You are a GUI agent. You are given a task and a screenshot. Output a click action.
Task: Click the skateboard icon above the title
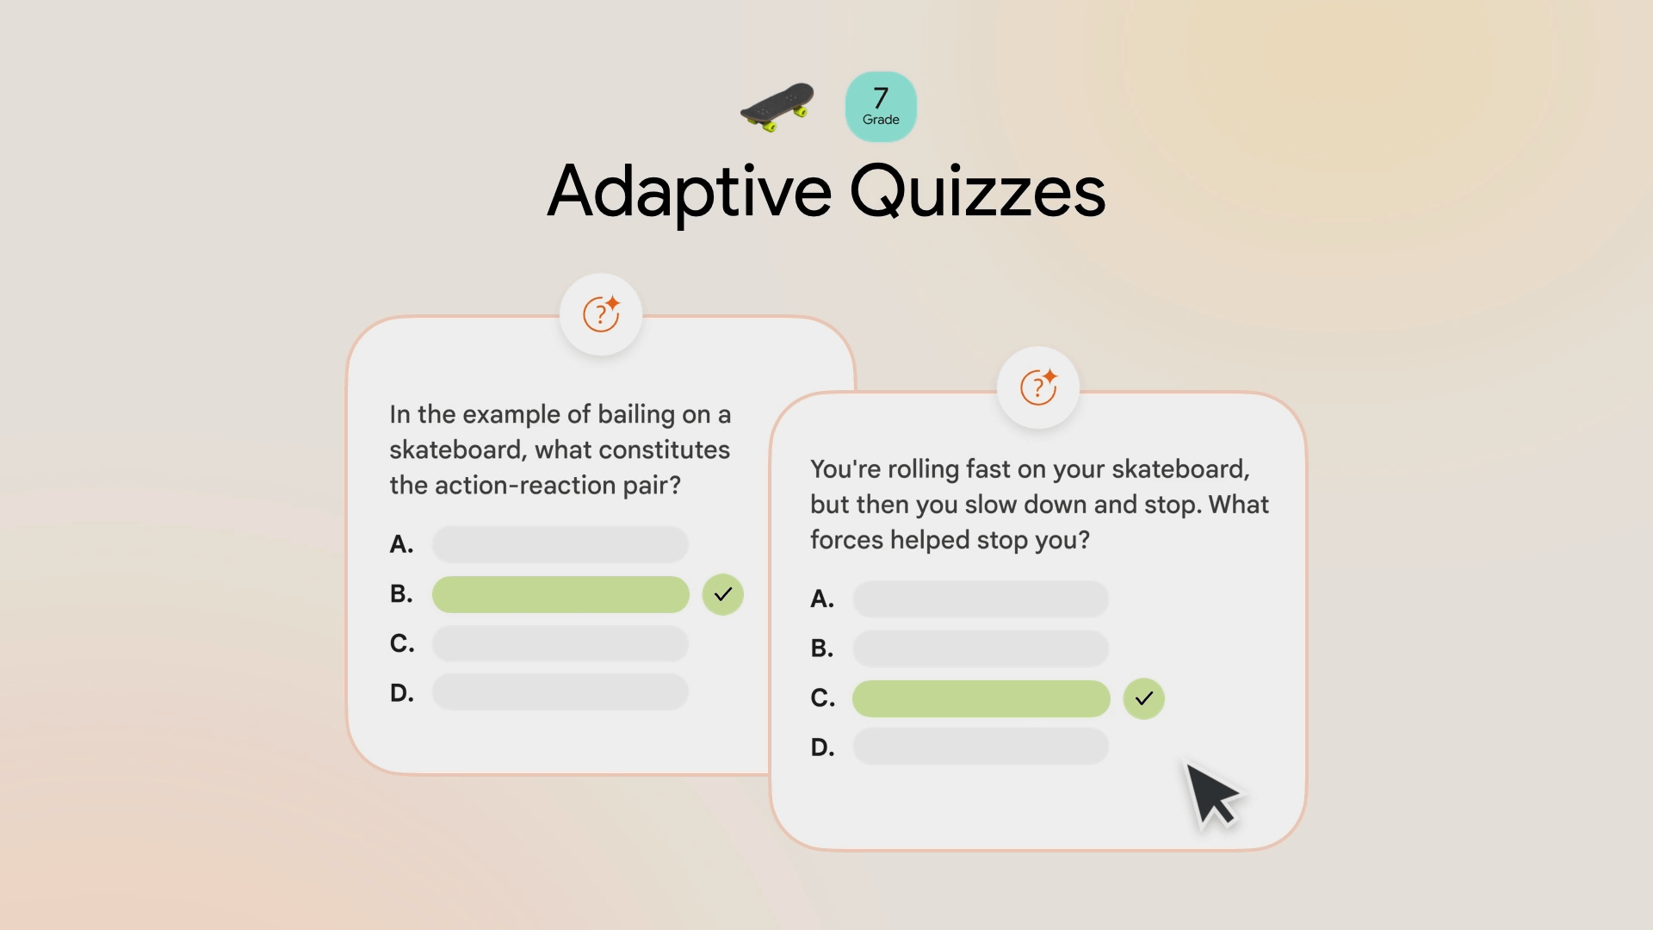click(777, 107)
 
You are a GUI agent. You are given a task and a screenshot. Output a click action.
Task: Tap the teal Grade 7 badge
click(881, 107)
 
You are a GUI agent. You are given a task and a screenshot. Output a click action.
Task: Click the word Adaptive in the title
click(690, 192)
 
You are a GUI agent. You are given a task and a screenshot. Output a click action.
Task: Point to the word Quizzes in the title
click(978, 192)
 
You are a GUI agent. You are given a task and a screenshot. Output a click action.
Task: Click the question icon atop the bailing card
click(601, 314)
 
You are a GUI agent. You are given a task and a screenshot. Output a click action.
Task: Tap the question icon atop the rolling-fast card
click(1038, 387)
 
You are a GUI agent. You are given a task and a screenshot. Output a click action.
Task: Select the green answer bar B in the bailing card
click(560, 594)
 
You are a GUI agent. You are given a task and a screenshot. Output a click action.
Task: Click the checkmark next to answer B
click(723, 594)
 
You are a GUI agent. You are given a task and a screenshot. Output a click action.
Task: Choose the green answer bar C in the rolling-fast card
click(981, 698)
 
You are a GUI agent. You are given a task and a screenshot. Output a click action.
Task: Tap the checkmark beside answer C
click(1144, 698)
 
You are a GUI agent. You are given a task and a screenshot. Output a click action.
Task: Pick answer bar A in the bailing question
click(560, 544)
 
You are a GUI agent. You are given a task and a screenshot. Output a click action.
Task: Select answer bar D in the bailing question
click(560, 692)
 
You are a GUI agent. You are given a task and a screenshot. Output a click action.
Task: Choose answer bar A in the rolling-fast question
click(981, 598)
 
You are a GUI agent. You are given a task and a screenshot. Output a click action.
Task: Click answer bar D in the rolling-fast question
click(981, 747)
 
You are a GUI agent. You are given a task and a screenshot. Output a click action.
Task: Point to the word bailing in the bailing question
click(636, 415)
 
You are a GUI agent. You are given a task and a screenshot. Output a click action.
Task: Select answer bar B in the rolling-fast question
click(981, 648)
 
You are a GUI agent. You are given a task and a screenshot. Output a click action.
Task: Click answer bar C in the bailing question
click(560, 643)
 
